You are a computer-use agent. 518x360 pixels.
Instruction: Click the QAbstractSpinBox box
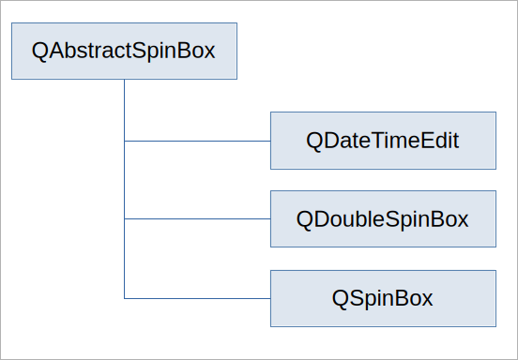pos(124,52)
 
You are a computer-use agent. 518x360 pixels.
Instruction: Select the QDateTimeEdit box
pos(383,141)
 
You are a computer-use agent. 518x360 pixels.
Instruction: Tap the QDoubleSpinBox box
pos(383,218)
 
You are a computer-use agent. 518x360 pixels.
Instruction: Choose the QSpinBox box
pos(383,299)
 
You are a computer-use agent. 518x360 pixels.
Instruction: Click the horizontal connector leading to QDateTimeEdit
pos(198,141)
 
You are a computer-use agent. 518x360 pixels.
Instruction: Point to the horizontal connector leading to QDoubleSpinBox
pos(198,218)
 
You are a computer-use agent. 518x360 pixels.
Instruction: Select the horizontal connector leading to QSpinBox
pos(198,299)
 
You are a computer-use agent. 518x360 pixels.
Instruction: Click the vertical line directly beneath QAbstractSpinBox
pos(124,189)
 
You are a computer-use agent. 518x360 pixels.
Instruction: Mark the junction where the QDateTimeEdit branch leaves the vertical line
pos(124,141)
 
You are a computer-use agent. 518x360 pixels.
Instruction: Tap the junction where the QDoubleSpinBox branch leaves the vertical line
pos(124,218)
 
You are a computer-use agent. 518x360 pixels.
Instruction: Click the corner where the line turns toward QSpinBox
pos(124,299)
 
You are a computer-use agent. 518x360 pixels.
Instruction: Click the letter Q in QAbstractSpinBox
pos(40,52)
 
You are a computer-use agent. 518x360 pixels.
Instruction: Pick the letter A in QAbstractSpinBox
pos(57,51)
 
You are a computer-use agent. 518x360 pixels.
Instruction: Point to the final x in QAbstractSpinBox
pos(208,53)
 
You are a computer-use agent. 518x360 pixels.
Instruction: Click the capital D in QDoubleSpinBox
pos(322,219)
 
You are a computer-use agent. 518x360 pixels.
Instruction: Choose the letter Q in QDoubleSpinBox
pos(305,219)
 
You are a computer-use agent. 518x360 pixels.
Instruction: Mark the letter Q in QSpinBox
pos(341,299)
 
